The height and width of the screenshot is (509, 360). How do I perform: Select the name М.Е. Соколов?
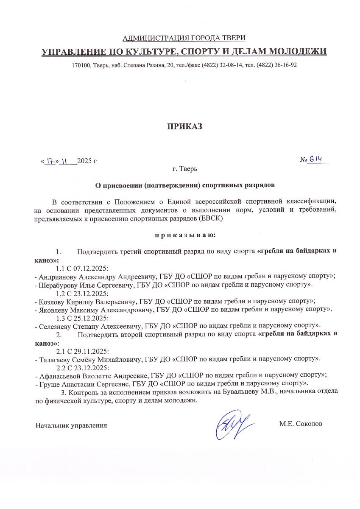coord(301,424)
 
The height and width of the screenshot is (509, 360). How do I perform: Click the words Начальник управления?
coord(71,425)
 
